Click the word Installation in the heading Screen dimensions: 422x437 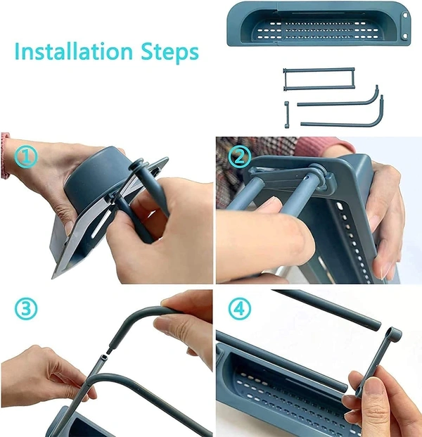pos(74,51)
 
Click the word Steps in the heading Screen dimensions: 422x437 pos(170,53)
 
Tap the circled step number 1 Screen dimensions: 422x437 pos(26,157)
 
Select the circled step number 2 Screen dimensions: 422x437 pos(240,157)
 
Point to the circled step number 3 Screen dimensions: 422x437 pos(26,309)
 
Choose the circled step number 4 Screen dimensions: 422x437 pos(240,309)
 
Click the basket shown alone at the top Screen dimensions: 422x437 pos(319,24)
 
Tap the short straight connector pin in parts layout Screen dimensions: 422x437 pos(287,115)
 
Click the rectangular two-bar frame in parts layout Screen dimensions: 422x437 pos(319,79)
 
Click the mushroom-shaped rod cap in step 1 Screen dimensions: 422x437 pos(136,165)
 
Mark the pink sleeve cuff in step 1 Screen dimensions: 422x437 pos(5,156)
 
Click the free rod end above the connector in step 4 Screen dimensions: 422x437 pos(375,326)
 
